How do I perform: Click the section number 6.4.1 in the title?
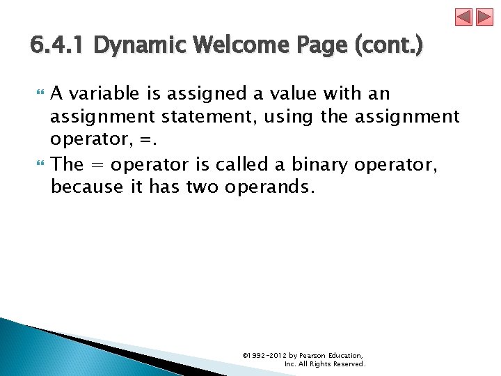[x=58, y=46]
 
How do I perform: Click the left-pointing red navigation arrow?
[x=464, y=17]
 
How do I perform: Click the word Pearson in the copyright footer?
[x=312, y=356]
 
